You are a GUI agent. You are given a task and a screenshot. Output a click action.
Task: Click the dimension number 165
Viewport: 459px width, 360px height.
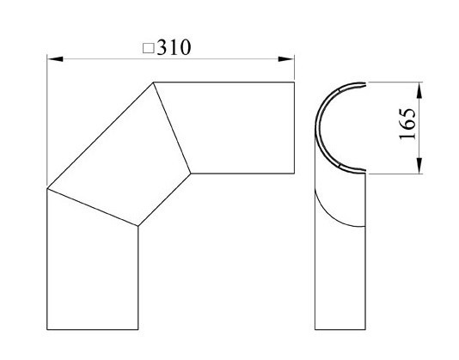408,126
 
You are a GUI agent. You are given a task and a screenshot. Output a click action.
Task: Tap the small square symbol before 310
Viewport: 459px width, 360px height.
147,49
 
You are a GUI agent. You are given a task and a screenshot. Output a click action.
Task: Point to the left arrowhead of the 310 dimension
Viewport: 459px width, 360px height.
53,58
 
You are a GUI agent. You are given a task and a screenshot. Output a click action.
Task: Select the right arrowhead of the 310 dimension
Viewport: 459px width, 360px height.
290,58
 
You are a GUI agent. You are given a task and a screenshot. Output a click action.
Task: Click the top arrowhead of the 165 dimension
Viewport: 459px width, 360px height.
420,87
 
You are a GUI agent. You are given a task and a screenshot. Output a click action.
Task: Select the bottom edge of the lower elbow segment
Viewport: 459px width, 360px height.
92,329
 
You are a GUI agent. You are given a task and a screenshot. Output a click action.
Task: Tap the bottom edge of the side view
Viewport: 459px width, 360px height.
340,329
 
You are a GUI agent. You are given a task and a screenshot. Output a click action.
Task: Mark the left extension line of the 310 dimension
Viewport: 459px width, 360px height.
47,120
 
